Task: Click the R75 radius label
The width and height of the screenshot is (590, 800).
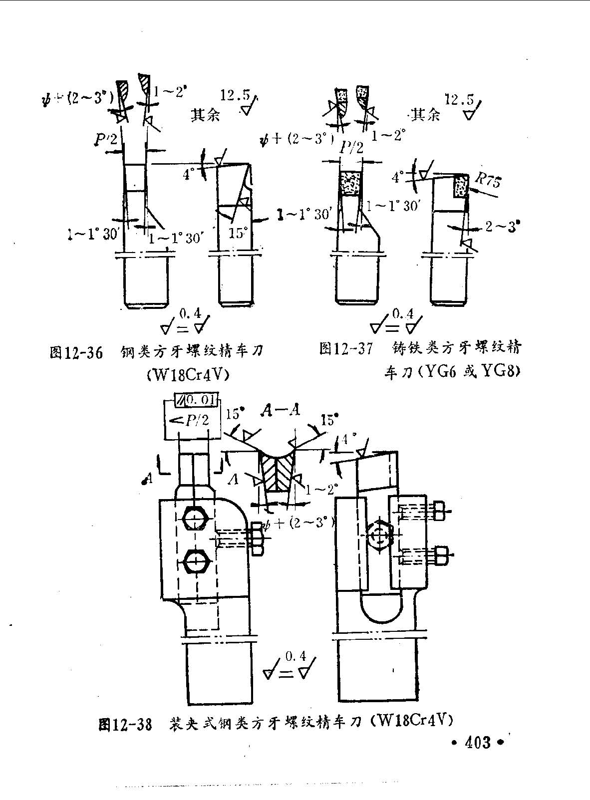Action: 487,180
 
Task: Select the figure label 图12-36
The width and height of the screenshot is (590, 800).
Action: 76,353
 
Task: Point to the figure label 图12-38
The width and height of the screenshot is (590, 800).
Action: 125,724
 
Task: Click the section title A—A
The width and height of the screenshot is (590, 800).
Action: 280,410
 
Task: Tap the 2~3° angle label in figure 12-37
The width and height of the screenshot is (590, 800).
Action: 502,227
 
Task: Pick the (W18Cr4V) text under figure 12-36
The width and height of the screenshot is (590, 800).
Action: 188,374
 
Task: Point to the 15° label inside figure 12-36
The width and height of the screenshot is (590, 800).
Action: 238,233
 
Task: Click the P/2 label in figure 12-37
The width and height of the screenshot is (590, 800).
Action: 351,147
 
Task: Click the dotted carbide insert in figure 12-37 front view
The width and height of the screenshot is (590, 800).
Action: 349,182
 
